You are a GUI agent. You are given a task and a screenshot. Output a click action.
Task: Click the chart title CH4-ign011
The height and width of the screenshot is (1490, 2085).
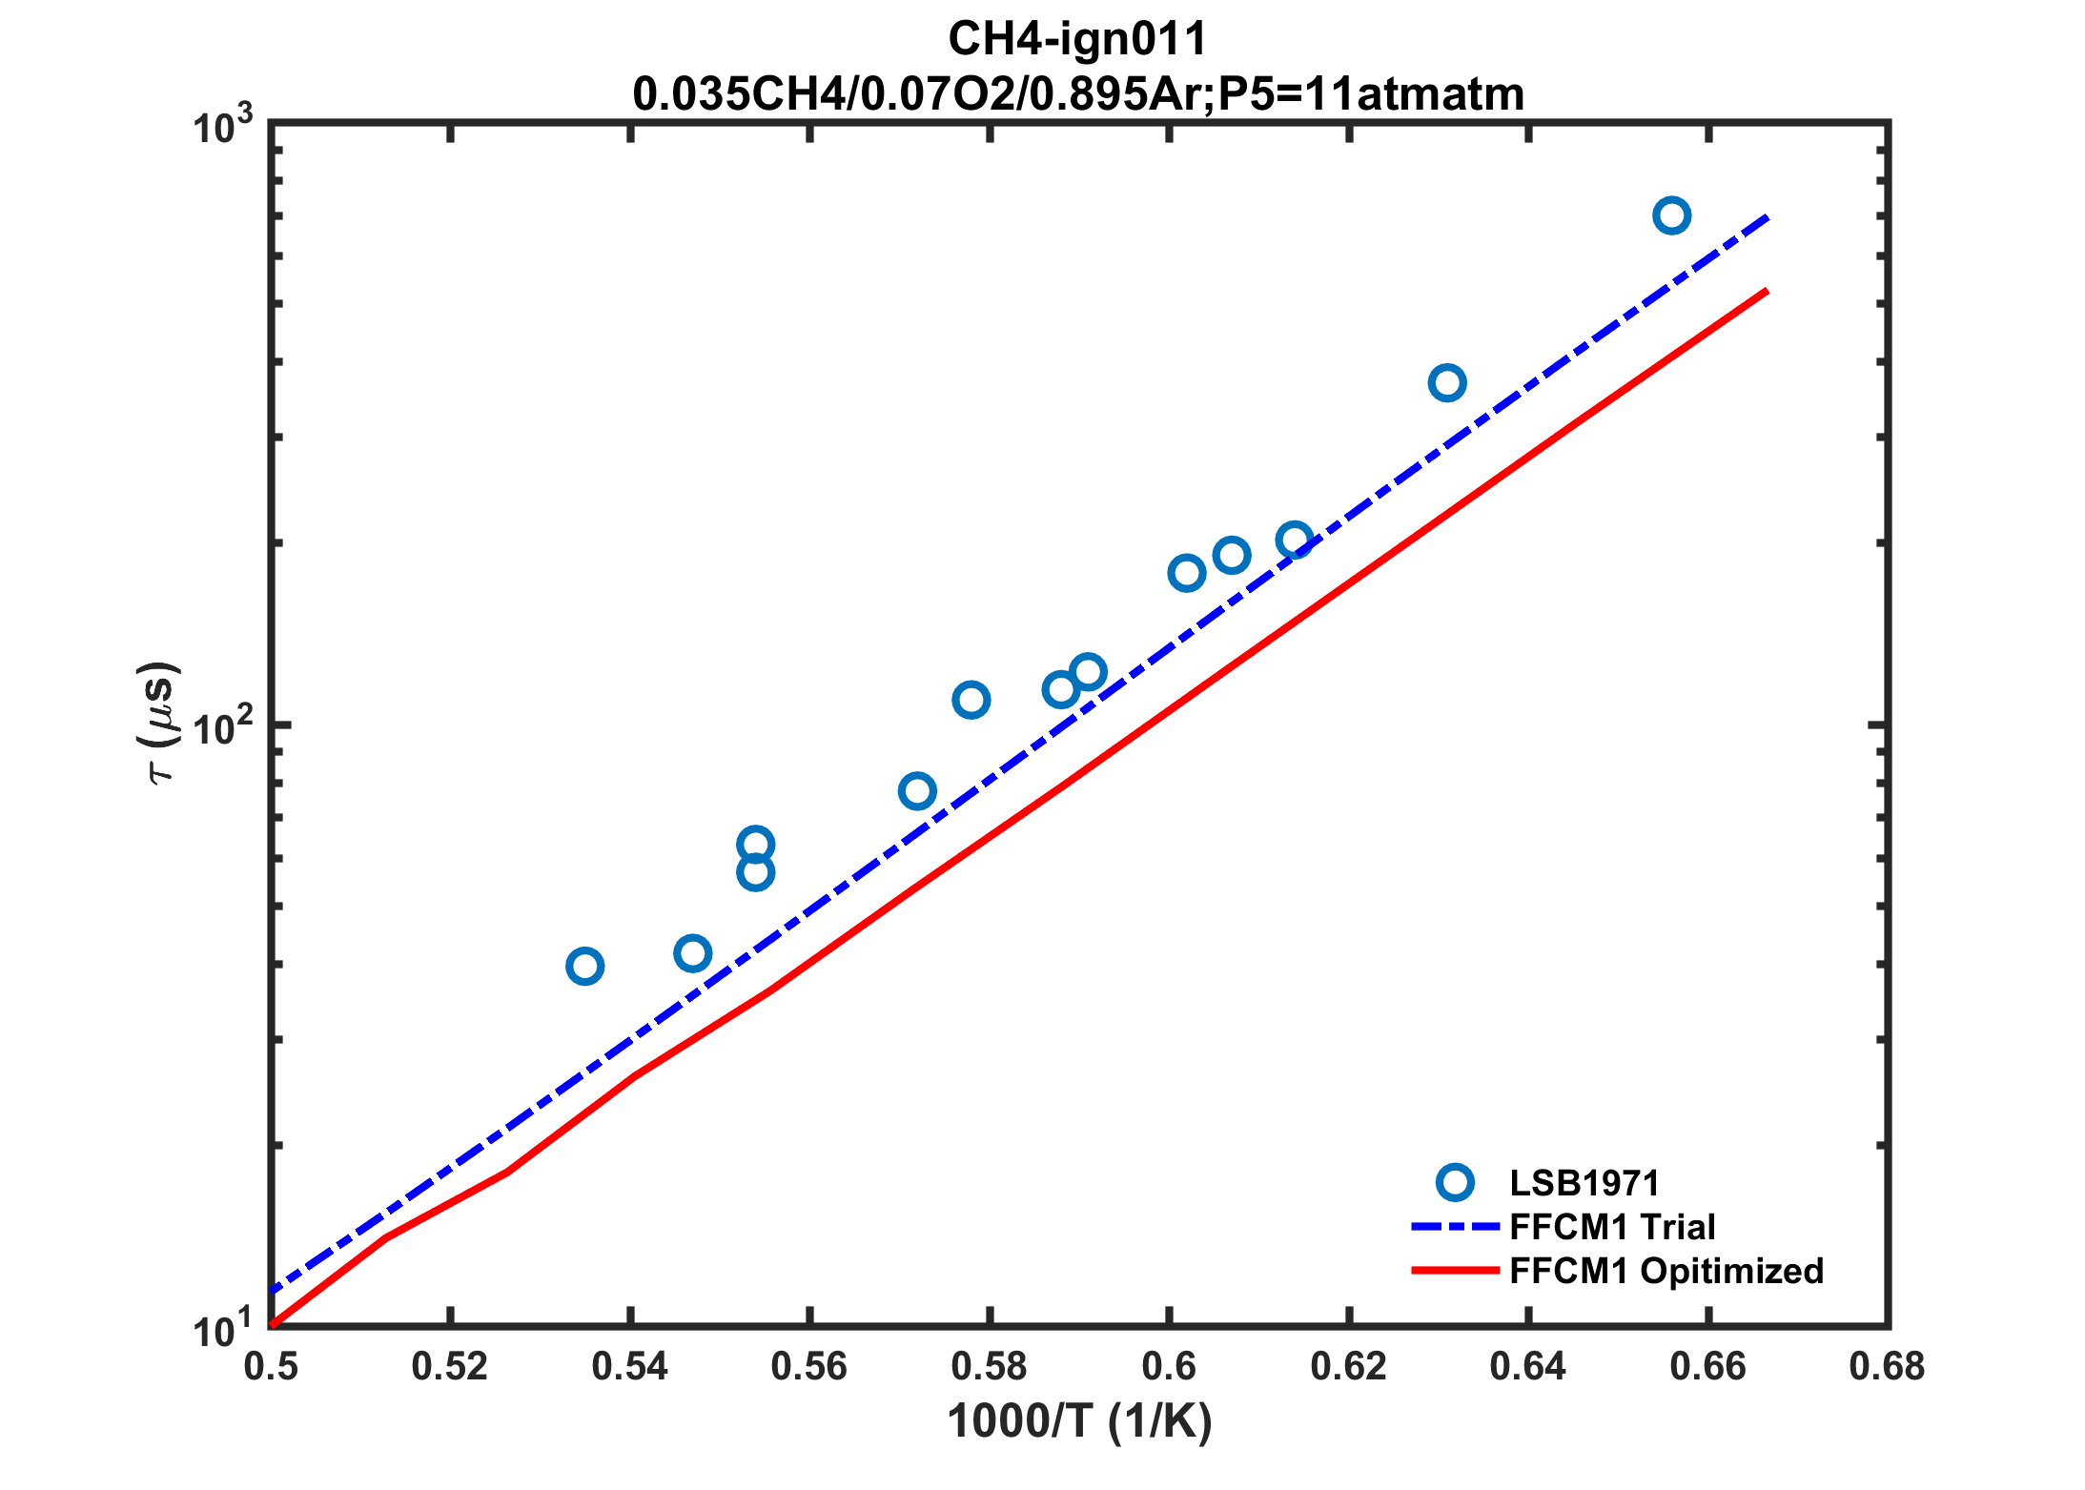point(1077,40)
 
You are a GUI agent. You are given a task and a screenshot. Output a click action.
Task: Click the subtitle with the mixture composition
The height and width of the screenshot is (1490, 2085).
point(1077,93)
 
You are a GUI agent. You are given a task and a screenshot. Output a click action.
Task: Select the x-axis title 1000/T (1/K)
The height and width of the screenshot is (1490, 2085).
point(1079,1421)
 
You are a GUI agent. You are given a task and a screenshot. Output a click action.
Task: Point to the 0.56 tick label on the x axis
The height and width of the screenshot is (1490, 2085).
point(808,1367)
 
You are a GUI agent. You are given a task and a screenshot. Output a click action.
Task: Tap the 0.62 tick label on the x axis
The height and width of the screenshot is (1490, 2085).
point(1348,1367)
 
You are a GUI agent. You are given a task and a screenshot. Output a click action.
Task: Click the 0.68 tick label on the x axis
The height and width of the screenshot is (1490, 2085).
point(1887,1367)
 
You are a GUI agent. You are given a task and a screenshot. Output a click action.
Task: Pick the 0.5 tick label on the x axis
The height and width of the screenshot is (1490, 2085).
point(271,1367)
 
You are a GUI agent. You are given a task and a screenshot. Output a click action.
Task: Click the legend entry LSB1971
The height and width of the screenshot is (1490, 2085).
point(1584,1183)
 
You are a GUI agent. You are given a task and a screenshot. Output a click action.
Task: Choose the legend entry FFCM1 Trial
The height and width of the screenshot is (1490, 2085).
point(1612,1227)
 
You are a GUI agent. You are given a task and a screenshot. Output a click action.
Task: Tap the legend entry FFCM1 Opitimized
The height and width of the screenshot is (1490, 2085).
point(1666,1271)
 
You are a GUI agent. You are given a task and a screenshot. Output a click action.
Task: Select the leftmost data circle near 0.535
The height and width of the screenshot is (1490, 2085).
point(584,967)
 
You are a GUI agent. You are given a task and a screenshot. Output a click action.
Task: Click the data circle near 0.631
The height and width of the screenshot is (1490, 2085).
point(1447,383)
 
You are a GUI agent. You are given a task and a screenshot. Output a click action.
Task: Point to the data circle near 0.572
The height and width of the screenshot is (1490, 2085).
point(917,791)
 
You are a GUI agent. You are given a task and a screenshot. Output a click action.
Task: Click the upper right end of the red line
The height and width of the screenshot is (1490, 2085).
point(1767,291)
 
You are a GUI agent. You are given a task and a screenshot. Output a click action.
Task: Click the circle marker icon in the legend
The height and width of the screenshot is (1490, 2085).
point(1455,1183)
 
